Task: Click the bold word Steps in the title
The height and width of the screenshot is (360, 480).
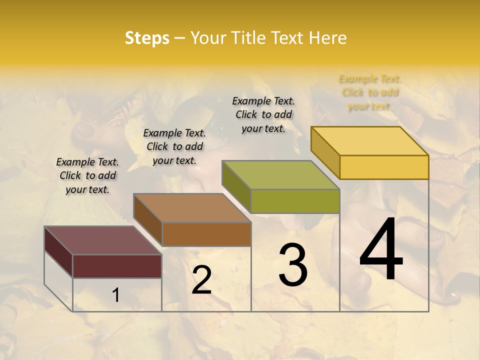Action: [x=147, y=38]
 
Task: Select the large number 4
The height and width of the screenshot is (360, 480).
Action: [x=381, y=250]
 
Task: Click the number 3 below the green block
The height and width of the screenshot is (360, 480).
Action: [x=293, y=265]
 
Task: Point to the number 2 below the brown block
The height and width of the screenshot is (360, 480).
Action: [x=201, y=280]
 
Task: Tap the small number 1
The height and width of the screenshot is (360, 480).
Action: [x=115, y=295]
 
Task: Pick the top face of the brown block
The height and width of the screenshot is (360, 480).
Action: [x=192, y=208]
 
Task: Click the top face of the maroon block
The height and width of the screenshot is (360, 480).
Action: [x=103, y=240]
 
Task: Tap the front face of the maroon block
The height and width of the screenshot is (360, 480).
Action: [x=117, y=266]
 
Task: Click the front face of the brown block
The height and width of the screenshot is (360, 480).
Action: [x=206, y=234]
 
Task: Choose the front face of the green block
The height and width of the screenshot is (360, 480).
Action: [x=295, y=201]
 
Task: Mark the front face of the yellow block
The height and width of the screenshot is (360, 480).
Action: [x=384, y=167]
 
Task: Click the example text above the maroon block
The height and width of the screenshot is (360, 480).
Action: [x=87, y=175]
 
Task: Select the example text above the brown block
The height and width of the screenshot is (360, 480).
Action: [x=174, y=146]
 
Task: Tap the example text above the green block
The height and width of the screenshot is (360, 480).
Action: [x=263, y=114]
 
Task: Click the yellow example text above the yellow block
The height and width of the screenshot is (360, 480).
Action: [x=370, y=92]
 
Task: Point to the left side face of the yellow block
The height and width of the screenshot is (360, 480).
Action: [x=325, y=152]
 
